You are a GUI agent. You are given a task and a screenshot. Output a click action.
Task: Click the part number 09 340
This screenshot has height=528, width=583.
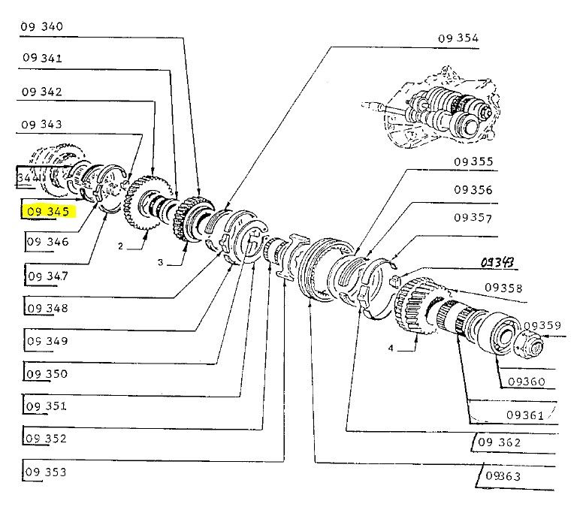(x=42, y=27)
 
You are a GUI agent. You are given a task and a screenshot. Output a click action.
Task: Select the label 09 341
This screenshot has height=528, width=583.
(x=42, y=59)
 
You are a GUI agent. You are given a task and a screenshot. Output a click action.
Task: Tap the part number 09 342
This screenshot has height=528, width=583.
(x=42, y=92)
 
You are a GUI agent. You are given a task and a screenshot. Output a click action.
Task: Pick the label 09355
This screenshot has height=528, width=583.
(x=473, y=161)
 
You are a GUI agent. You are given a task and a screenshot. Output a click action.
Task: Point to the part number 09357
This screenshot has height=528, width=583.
(x=473, y=218)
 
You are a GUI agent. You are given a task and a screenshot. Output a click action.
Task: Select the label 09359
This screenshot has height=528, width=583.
(x=542, y=325)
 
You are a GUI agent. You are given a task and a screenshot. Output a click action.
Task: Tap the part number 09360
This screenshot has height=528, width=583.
(x=526, y=382)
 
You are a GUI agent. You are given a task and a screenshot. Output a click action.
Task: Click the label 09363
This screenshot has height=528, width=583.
(x=503, y=476)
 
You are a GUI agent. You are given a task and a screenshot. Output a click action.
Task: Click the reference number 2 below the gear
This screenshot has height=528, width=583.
(x=120, y=246)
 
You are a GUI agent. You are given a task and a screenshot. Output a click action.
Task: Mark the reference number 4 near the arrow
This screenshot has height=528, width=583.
(x=391, y=348)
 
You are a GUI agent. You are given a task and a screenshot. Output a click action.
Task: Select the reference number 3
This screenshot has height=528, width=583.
(x=160, y=262)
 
